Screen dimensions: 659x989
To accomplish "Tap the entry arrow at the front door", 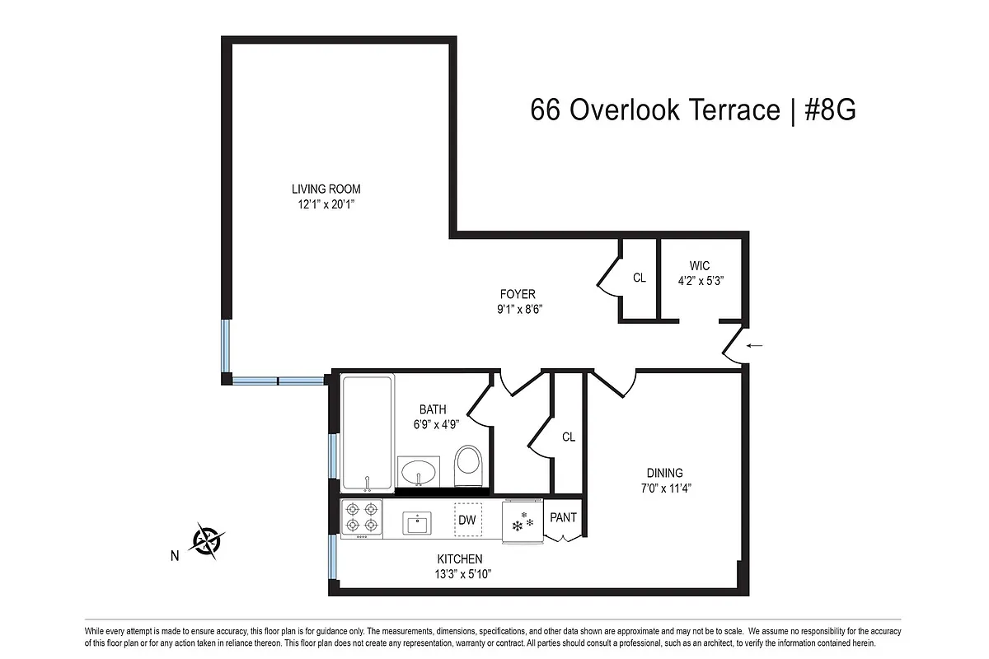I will pos(754,346).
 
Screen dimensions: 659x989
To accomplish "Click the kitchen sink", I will pos(417,522).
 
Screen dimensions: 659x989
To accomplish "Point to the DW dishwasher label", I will pos(467,520).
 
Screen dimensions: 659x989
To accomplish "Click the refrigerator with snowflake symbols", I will pos(522,521).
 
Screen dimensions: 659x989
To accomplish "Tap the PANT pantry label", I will pos(564,517).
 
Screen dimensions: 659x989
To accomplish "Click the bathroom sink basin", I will pos(420,473).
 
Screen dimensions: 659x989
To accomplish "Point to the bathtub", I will pos(367,432).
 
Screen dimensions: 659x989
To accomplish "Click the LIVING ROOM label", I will pos(326,189).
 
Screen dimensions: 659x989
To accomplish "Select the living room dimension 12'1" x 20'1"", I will pos(326,204).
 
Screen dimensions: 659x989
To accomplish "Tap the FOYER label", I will pos(518,294).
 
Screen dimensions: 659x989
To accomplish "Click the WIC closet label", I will pos(700,266).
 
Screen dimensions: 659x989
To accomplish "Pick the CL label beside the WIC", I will pos(640,278).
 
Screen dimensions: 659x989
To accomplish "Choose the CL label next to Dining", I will pos(569,437).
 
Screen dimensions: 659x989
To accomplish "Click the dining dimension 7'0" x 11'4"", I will pos(664,488).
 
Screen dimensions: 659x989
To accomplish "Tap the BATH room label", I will pos(433,409).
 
